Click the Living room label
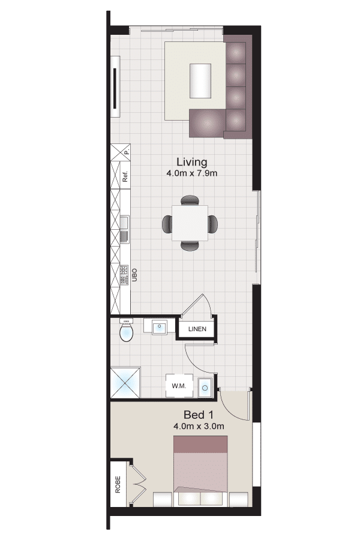click(x=192, y=162)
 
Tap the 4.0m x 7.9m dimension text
click(x=192, y=173)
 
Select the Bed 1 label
click(x=199, y=415)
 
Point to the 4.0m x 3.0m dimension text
click(x=199, y=427)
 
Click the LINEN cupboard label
click(x=197, y=329)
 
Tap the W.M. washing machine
click(x=179, y=386)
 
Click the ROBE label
click(x=118, y=485)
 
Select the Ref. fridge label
click(x=125, y=176)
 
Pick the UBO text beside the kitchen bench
click(x=134, y=275)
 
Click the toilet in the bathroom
click(x=126, y=331)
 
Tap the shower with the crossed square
click(x=125, y=383)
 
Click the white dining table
click(x=190, y=223)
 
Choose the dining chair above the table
click(x=190, y=200)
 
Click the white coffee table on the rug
click(x=200, y=81)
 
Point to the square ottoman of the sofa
click(x=207, y=123)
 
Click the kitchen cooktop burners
click(x=124, y=275)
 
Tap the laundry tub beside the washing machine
click(x=205, y=388)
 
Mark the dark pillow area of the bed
click(x=200, y=445)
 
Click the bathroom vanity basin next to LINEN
click(x=160, y=326)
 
